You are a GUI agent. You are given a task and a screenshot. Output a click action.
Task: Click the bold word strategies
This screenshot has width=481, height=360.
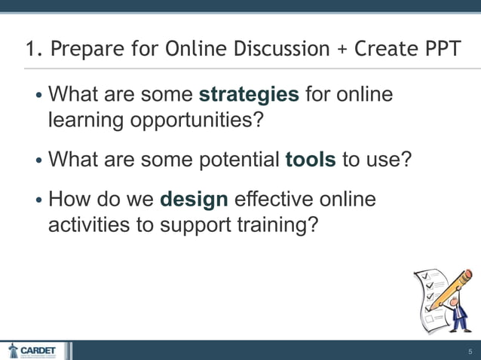(249, 96)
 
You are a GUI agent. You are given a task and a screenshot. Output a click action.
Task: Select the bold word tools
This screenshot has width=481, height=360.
(311, 160)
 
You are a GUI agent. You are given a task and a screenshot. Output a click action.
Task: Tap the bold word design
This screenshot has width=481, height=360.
(194, 200)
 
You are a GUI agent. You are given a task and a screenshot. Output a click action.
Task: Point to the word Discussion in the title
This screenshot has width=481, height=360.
(273, 50)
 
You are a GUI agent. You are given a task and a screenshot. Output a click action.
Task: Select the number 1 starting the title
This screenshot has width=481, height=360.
(30, 50)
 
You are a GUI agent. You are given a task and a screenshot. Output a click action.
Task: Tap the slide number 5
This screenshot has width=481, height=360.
(469, 352)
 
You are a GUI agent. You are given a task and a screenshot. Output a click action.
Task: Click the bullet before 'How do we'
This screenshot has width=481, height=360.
(39, 201)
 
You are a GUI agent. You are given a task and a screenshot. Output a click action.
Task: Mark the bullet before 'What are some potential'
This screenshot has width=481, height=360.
(39, 160)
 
